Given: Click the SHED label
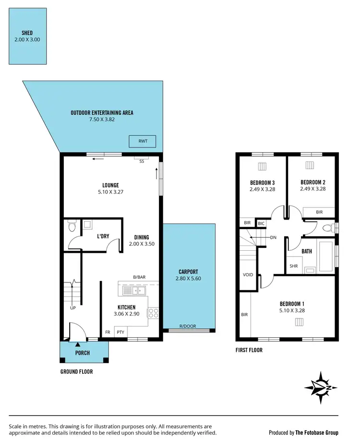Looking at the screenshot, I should (27, 33).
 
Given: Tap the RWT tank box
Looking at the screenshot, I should (143, 142).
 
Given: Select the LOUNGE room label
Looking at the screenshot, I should (110, 185).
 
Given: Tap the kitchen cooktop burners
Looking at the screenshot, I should (153, 313).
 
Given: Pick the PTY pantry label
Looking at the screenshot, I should (120, 332).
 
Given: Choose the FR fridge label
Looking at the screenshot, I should (108, 332).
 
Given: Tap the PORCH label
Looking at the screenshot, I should (83, 353).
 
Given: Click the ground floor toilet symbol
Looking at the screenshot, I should (72, 225).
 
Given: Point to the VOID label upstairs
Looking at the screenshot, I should (248, 275).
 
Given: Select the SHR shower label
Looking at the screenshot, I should (294, 266).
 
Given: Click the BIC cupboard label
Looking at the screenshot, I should (261, 223).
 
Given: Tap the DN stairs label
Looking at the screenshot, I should (273, 237).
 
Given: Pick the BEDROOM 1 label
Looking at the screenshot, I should (292, 304).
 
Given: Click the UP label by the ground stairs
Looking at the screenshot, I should (73, 308).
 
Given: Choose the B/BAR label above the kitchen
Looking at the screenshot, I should (140, 277).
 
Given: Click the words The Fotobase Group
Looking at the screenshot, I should (317, 433).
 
